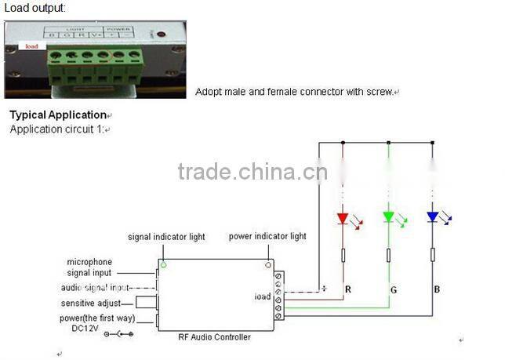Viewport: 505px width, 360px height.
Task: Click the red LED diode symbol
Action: tap(343, 217)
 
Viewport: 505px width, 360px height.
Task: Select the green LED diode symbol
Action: tap(388, 216)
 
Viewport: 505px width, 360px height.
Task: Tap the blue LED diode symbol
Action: tap(432, 216)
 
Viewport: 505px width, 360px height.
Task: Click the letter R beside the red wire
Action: tap(347, 289)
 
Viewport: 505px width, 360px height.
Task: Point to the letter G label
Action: tap(393, 289)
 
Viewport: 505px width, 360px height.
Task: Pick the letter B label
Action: tap(437, 289)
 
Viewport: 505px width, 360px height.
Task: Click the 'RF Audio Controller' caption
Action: tap(215, 337)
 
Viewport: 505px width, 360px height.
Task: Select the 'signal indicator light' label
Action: tap(167, 237)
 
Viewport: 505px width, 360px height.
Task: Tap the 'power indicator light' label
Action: tap(267, 237)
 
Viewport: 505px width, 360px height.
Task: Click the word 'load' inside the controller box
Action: tap(262, 296)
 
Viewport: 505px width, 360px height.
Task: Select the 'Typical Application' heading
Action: tap(58, 115)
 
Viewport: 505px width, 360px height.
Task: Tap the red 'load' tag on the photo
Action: tap(31, 46)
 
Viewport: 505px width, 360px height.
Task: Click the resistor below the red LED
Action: tap(343, 255)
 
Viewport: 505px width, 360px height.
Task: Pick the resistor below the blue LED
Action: tap(432, 255)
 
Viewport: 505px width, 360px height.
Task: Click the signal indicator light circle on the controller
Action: tap(163, 265)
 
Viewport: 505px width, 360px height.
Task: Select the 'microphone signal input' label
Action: tap(89, 267)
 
